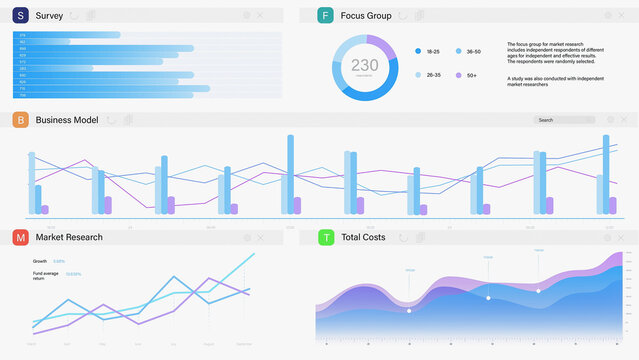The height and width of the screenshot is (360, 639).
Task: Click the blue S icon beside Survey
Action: coord(20,16)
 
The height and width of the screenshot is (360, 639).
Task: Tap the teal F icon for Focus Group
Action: coord(325,16)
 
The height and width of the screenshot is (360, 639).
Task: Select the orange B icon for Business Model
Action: coord(20,120)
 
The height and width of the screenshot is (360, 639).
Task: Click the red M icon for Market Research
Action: coord(20,238)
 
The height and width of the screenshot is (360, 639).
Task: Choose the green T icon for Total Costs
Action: coord(325,238)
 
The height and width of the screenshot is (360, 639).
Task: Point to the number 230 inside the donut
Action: coord(365,65)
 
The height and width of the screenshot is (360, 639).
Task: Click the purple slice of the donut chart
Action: coord(383,46)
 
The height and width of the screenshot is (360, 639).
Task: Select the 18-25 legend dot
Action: coord(418,51)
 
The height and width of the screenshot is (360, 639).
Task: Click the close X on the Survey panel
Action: coord(261,16)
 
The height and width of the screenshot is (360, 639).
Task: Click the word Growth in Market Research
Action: coord(40,261)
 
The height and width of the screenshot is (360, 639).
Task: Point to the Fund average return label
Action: coord(45,275)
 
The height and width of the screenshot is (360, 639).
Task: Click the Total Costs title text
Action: coord(363,238)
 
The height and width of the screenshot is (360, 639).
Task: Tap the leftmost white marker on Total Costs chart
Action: coord(409,311)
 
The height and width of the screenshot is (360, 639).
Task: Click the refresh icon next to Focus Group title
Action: coord(403,16)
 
